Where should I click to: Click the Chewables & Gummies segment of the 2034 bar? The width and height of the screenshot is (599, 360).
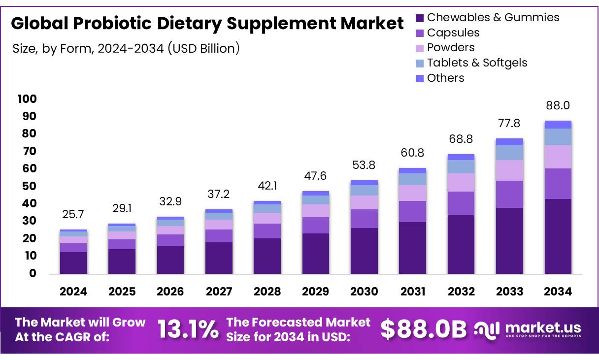point(558,236)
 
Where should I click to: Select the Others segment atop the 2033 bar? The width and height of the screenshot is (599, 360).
point(509,142)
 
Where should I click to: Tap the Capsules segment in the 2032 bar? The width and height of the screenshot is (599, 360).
point(461,203)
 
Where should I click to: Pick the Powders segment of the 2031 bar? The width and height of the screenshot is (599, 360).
point(412,193)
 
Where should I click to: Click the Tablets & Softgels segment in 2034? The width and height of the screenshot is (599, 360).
point(558,137)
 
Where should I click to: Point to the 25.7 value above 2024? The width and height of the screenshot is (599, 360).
point(73,214)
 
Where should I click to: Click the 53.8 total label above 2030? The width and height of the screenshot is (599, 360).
point(364,165)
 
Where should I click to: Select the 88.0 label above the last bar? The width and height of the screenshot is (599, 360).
point(558,106)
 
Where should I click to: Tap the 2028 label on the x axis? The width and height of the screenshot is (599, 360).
point(267,292)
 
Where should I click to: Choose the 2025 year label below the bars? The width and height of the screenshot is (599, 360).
point(122,292)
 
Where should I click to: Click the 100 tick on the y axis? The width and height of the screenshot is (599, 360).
point(28,99)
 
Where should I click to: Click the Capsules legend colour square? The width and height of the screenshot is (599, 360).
point(420,33)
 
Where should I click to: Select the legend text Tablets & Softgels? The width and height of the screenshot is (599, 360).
point(477,63)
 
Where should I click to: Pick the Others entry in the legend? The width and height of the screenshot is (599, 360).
point(445,78)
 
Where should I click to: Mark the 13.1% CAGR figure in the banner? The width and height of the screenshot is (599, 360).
point(188,329)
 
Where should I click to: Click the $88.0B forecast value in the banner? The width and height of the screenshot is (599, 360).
point(423,329)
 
